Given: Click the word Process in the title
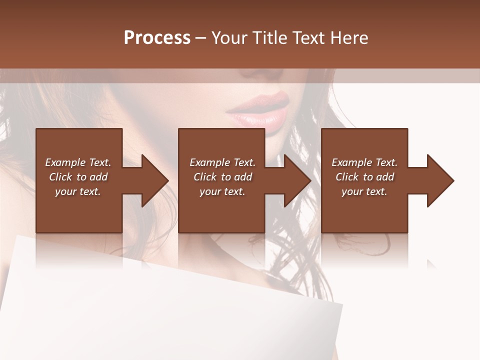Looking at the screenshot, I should pos(157,38).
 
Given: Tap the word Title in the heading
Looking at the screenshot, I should pos(267,38).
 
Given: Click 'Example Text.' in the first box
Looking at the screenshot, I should pos(78,162).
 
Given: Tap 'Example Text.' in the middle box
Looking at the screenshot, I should pos(222,162).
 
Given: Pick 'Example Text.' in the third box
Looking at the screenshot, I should pos(364,162).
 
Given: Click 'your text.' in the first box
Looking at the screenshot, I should pos(78,191).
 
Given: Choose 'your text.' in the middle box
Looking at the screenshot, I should pos(222,191).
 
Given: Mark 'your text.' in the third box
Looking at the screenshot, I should pos(364,191).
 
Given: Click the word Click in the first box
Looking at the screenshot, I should pos(61,177).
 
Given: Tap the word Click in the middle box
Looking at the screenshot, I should pos(205,177).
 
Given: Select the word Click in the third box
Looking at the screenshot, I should pos(347,177).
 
